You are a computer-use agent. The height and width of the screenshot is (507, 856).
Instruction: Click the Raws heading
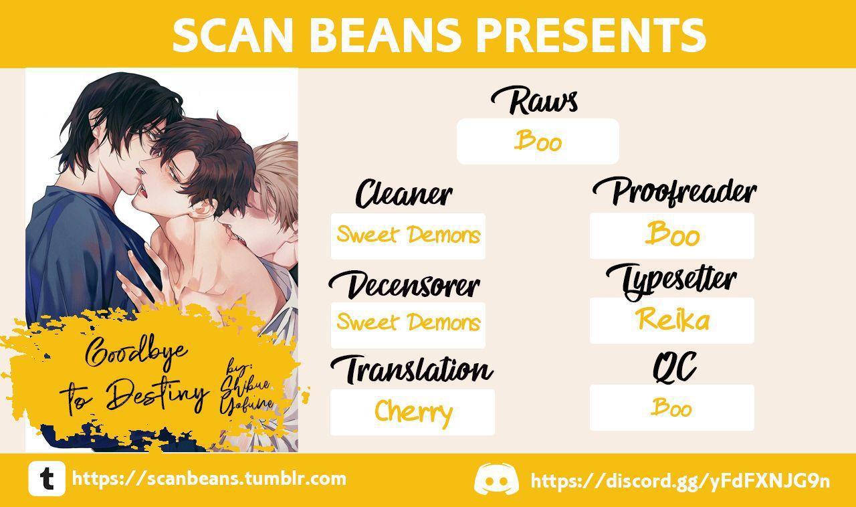tap(534, 100)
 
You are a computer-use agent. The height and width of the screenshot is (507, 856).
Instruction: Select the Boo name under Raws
tap(538, 141)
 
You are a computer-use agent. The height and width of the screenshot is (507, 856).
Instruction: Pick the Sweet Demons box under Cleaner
tap(408, 236)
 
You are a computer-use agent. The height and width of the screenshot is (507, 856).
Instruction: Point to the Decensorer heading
tap(404, 285)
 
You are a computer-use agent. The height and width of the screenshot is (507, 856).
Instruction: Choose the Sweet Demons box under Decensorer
tap(408, 325)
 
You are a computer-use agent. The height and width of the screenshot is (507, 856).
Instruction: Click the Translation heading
tap(411, 369)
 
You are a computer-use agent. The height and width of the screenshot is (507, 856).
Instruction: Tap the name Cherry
tap(413, 412)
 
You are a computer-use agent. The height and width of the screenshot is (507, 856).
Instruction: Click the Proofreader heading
tap(675, 192)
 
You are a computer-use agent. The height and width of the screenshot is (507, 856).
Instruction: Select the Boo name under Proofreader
tap(672, 233)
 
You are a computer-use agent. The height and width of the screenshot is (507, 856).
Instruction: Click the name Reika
tap(672, 319)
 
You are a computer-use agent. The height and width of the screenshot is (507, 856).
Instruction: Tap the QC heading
tap(674, 367)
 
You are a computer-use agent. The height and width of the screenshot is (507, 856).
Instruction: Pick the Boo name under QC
tap(671, 407)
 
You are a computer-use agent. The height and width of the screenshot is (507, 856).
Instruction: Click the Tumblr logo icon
tap(47, 478)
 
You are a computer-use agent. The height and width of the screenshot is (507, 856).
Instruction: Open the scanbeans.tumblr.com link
tap(209, 479)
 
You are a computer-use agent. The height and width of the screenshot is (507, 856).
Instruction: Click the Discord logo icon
tap(496, 479)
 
